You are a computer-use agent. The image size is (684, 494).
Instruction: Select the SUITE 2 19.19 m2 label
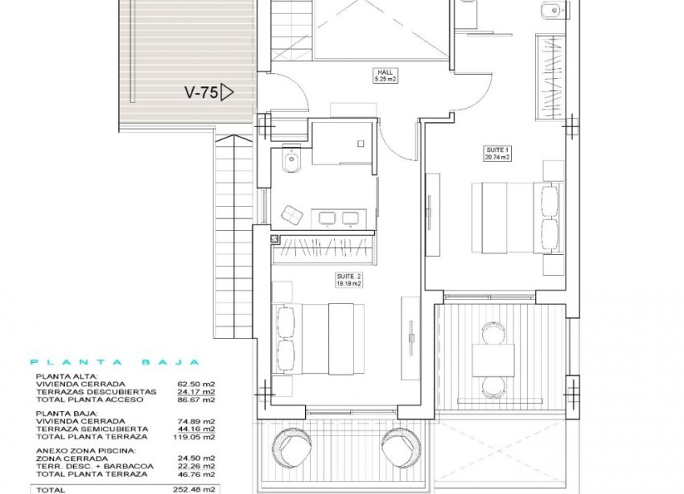[x=348, y=279]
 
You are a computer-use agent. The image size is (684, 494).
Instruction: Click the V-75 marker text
[x=200, y=93]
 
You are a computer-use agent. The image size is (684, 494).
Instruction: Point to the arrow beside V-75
[x=227, y=93]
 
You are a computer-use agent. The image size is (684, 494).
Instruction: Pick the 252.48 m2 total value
[x=197, y=488]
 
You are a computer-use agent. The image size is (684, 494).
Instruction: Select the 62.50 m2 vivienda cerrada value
[x=197, y=385]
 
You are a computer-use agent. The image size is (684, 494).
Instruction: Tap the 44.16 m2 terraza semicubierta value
[x=197, y=430]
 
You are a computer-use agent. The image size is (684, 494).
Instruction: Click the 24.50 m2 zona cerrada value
[x=197, y=458]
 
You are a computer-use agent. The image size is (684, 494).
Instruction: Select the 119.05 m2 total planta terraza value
[x=197, y=437]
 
